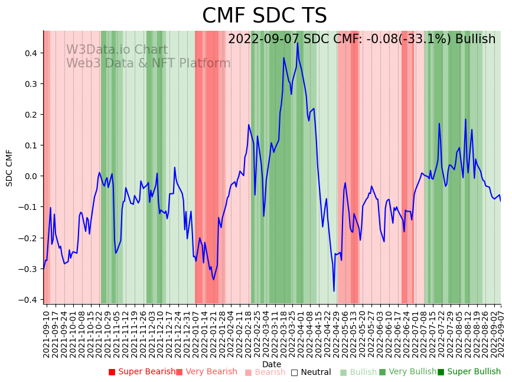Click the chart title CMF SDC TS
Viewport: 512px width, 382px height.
(264, 16)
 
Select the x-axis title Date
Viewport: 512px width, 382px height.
(272, 364)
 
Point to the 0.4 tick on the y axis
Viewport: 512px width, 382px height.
(31, 53)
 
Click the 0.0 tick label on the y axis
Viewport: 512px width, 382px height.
(31, 176)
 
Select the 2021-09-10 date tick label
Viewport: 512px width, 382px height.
(47, 334)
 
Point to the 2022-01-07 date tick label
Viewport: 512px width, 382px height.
(196, 334)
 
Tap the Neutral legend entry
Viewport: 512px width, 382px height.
(311, 372)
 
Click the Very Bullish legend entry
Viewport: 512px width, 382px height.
(407, 372)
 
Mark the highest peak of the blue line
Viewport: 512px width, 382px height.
(298, 43)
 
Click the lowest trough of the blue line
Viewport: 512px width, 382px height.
(334, 291)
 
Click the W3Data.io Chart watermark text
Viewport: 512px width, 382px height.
(117, 50)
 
